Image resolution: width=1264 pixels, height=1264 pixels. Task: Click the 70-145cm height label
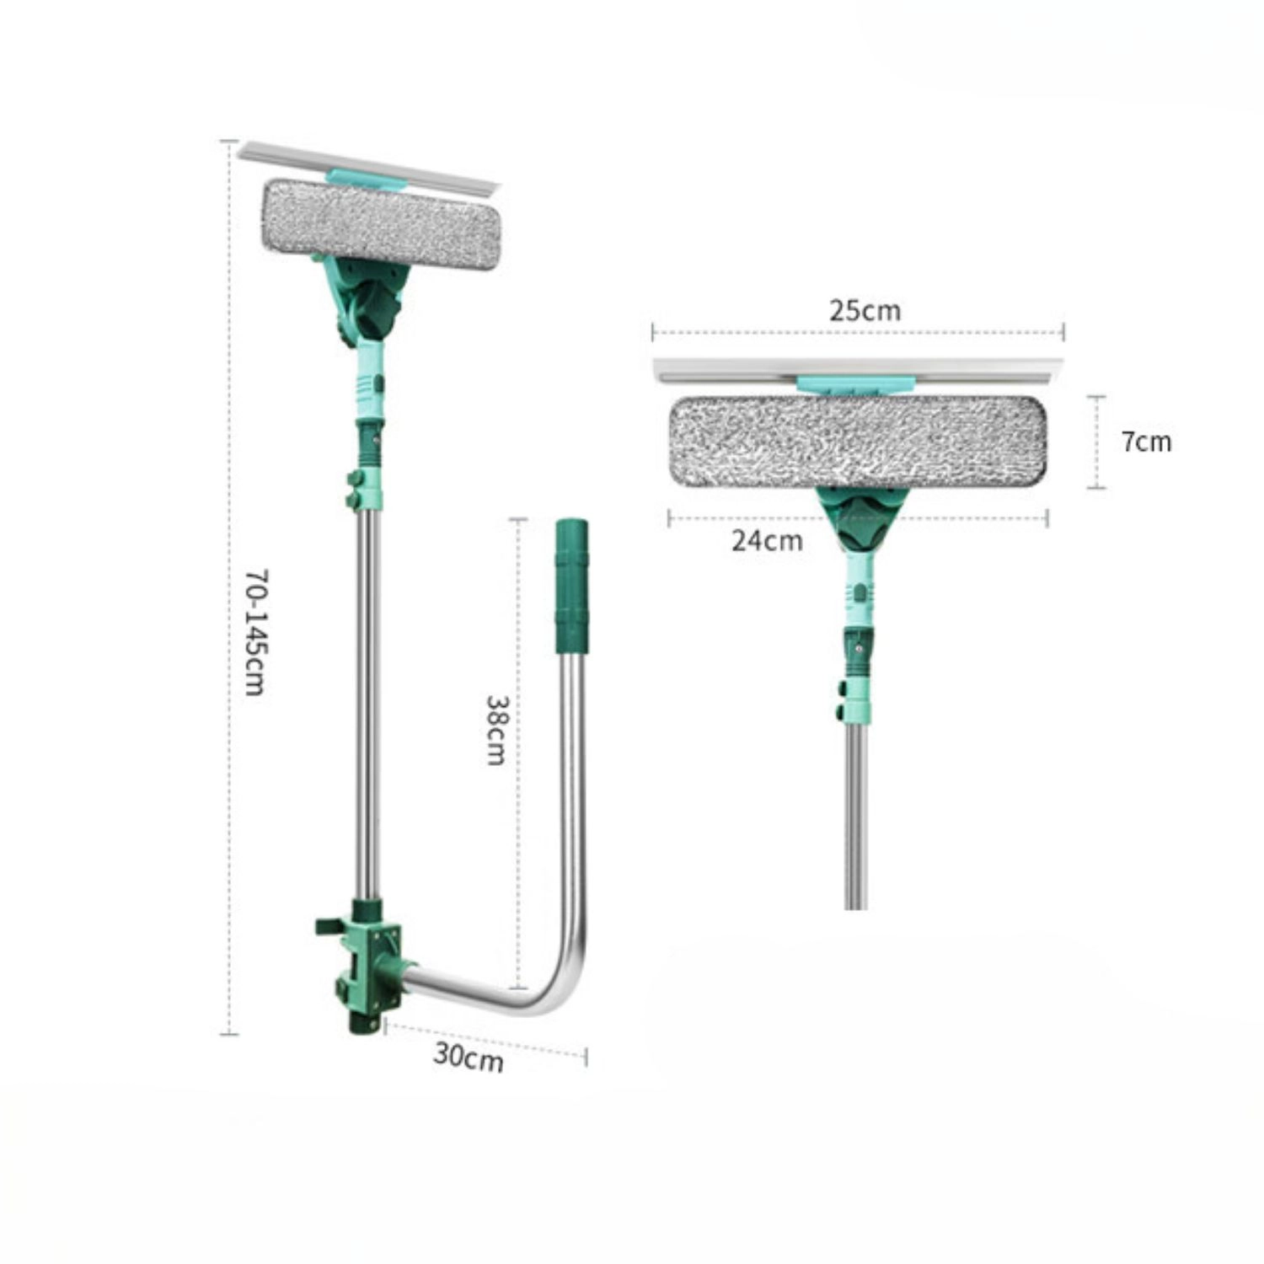[255, 632]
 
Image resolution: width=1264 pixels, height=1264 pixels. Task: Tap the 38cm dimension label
[495, 729]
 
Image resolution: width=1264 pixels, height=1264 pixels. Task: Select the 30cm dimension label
[469, 1056]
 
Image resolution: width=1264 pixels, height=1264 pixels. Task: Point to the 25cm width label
[865, 310]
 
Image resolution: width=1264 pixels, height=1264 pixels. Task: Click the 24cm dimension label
[767, 540]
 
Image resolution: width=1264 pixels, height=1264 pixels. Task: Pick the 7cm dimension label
[1146, 442]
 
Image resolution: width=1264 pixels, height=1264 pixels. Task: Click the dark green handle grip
[571, 586]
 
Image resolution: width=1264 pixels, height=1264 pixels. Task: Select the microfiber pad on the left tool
[381, 225]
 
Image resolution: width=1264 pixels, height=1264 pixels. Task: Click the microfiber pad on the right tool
[858, 442]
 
